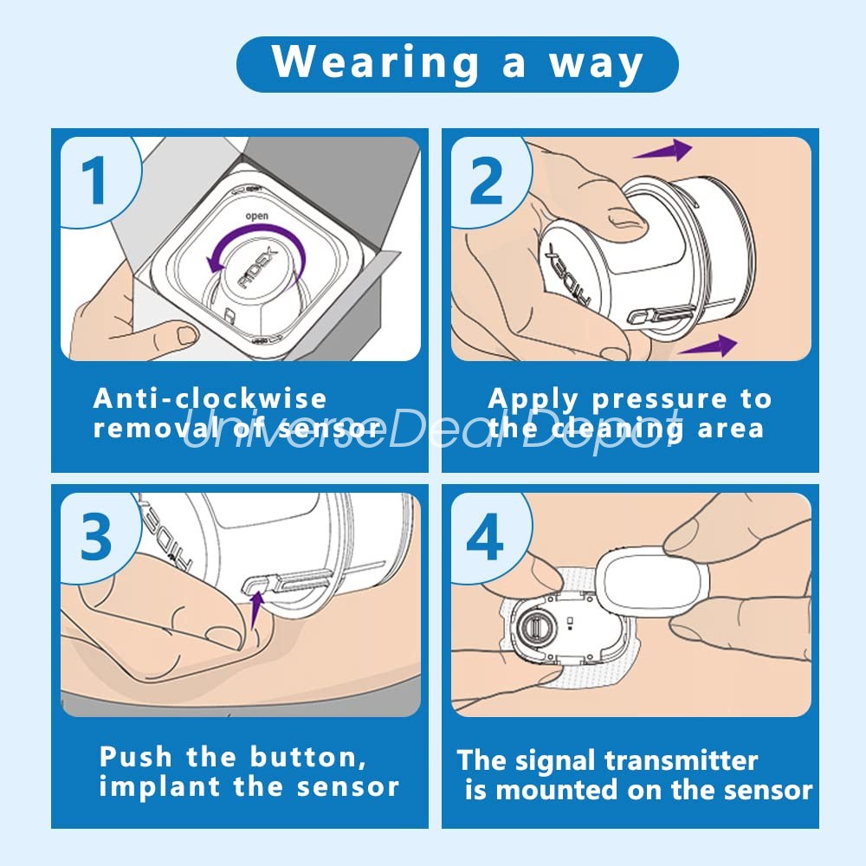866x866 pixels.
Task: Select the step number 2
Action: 486,179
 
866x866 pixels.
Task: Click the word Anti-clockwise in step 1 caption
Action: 210,398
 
